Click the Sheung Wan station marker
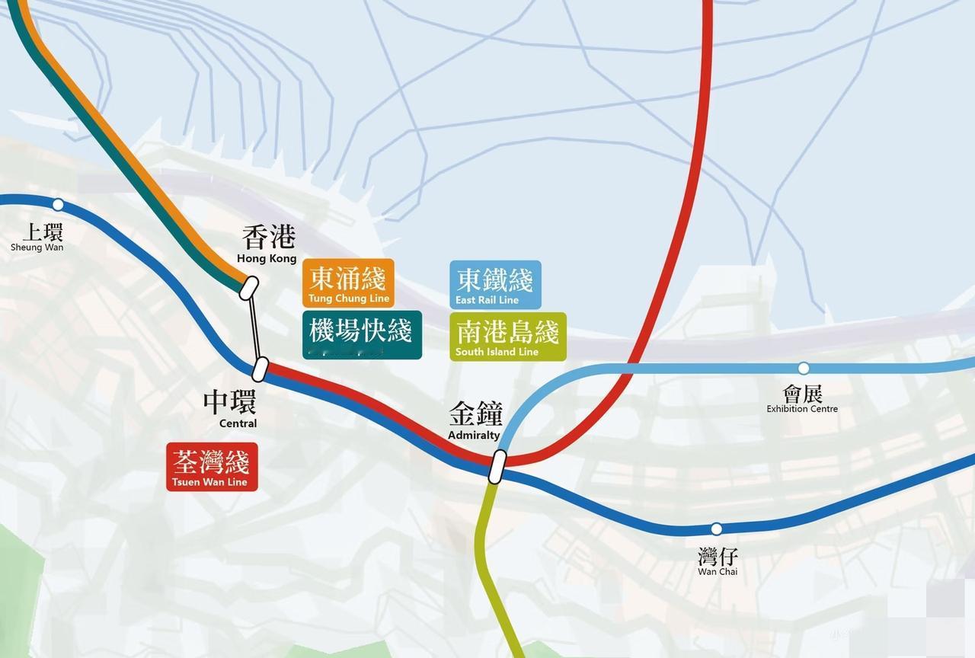click(x=58, y=204)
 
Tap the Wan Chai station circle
click(x=716, y=529)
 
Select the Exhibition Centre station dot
click(x=803, y=369)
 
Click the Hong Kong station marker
click(x=249, y=287)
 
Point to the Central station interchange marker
click(x=261, y=369)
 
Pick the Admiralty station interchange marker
click(x=497, y=466)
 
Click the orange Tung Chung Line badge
click(x=348, y=283)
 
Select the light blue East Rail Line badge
click(x=495, y=284)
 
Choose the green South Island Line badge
click(x=507, y=337)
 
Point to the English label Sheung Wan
click(x=37, y=248)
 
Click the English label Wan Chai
click(x=718, y=572)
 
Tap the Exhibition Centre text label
click(x=802, y=409)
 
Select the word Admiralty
click(x=474, y=436)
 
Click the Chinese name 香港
click(x=268, y=237)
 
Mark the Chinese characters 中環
click(x=229, y=402)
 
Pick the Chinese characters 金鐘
click(x=476, y=415)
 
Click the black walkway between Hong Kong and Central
click(x=255, y=328)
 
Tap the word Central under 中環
click(x=238, y=423)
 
